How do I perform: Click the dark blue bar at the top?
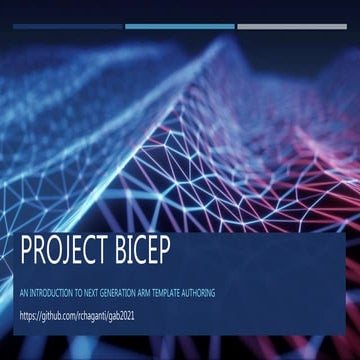click(65, 27)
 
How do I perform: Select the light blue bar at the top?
click(180, 27)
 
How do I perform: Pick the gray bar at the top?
click(292, 27)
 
